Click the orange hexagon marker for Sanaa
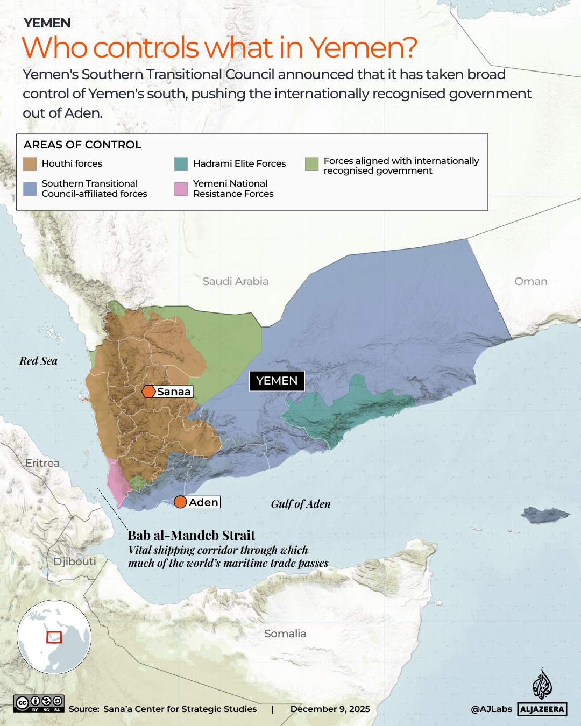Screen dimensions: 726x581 pyautogui.click(x=148, y=392)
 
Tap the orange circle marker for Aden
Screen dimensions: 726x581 pyautogui.click(x=181, y=502)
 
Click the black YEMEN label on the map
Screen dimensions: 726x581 pyautogui.click(x=277, y=381)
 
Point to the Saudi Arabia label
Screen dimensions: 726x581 pyautogui.click(x=235, y=281)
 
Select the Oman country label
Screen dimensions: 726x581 pyautogui.click(x=530, y=281)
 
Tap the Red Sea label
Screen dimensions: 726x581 pyautogui.click(x=38, y=361)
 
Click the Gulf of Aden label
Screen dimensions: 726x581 pyautogui.click(x=300, y=504)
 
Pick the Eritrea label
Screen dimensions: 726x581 pyautogui.click(x=42, y=463)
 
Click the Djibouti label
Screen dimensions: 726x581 pyautogui.click(x=75, y=561)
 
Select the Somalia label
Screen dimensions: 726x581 pyautogui.click(x=285, y=634)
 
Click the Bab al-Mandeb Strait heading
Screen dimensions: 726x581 pyautogui.click(x=192, y=535)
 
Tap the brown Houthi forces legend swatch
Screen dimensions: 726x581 pyautogui.click(x=30, y=164)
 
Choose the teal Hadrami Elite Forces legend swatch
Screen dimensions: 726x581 pyautogui.click(x=181, y=164)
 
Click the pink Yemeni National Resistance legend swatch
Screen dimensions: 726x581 pyautogui.click(x=181, y=189)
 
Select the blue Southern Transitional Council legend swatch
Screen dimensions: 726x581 pyautogui.click(x=30, y=189)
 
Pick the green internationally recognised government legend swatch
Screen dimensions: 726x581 pyautogui.click(x=311, y=164)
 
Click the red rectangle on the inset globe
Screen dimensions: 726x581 pyautogui.click(x=54, y=637)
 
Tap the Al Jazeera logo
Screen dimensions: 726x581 pyautogui.click(x=542, y=694)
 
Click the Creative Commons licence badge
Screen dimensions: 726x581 pyautogui.click(x=39, y=703)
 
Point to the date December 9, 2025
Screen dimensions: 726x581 pyautogui.click(x=330, y=709)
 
